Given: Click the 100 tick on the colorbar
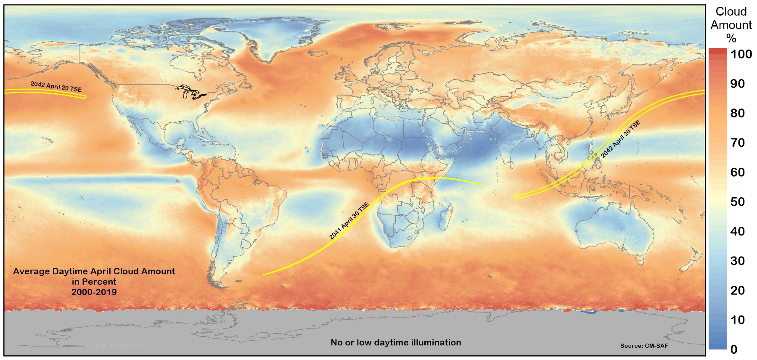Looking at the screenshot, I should [x=741, y=54].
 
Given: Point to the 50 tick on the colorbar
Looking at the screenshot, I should [x=738, y=201].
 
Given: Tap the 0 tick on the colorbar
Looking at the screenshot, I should [x=734, y=349].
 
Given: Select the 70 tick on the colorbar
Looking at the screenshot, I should [x=738, y=143].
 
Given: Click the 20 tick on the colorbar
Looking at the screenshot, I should [x=738, y=290].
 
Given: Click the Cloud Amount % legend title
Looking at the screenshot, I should [x=731, y=25].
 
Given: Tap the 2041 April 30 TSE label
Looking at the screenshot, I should [x=349, y=221].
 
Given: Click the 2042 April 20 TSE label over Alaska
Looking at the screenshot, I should [x=56, y=87].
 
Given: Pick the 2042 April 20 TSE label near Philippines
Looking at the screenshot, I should [x=620, y=139].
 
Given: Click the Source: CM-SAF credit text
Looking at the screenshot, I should [x=644, y=346].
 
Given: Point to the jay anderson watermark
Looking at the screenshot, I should [x=119, y=346].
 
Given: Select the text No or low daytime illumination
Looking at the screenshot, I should [x=396, y=342].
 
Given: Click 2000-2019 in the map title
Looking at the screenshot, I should [x=94, y=292].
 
